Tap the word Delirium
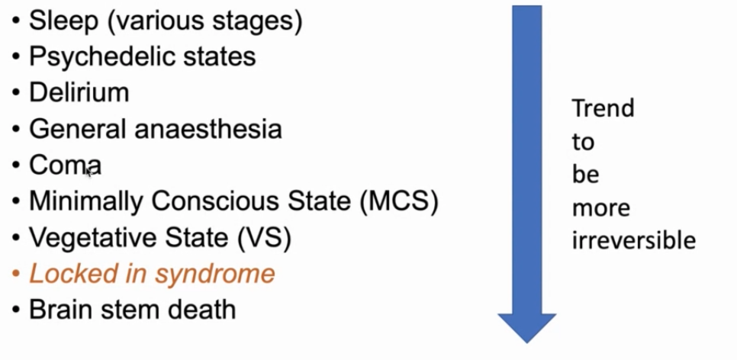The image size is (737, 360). (79, 93)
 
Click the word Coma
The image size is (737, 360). (65, 165)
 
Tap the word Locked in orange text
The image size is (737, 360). (65, 275)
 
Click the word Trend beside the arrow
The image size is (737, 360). (603, 108)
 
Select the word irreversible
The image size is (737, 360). (633, 241)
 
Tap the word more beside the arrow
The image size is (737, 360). (600, 207)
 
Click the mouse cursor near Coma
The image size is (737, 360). (89, 172)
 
